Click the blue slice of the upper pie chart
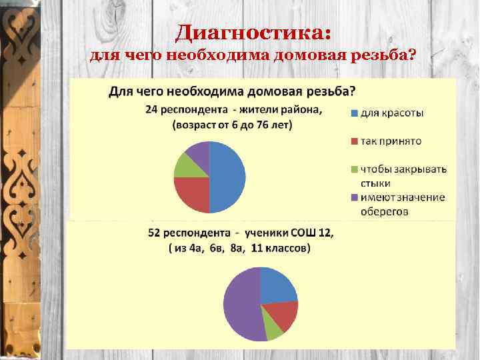[229, 177]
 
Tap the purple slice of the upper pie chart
[198, 151]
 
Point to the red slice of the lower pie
[283, 315]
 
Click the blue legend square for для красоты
[354, 113]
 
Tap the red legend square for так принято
[354, 141]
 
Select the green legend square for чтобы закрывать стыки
[354, 169]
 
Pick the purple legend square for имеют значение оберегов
[354, 197]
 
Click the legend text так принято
[390, 141]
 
